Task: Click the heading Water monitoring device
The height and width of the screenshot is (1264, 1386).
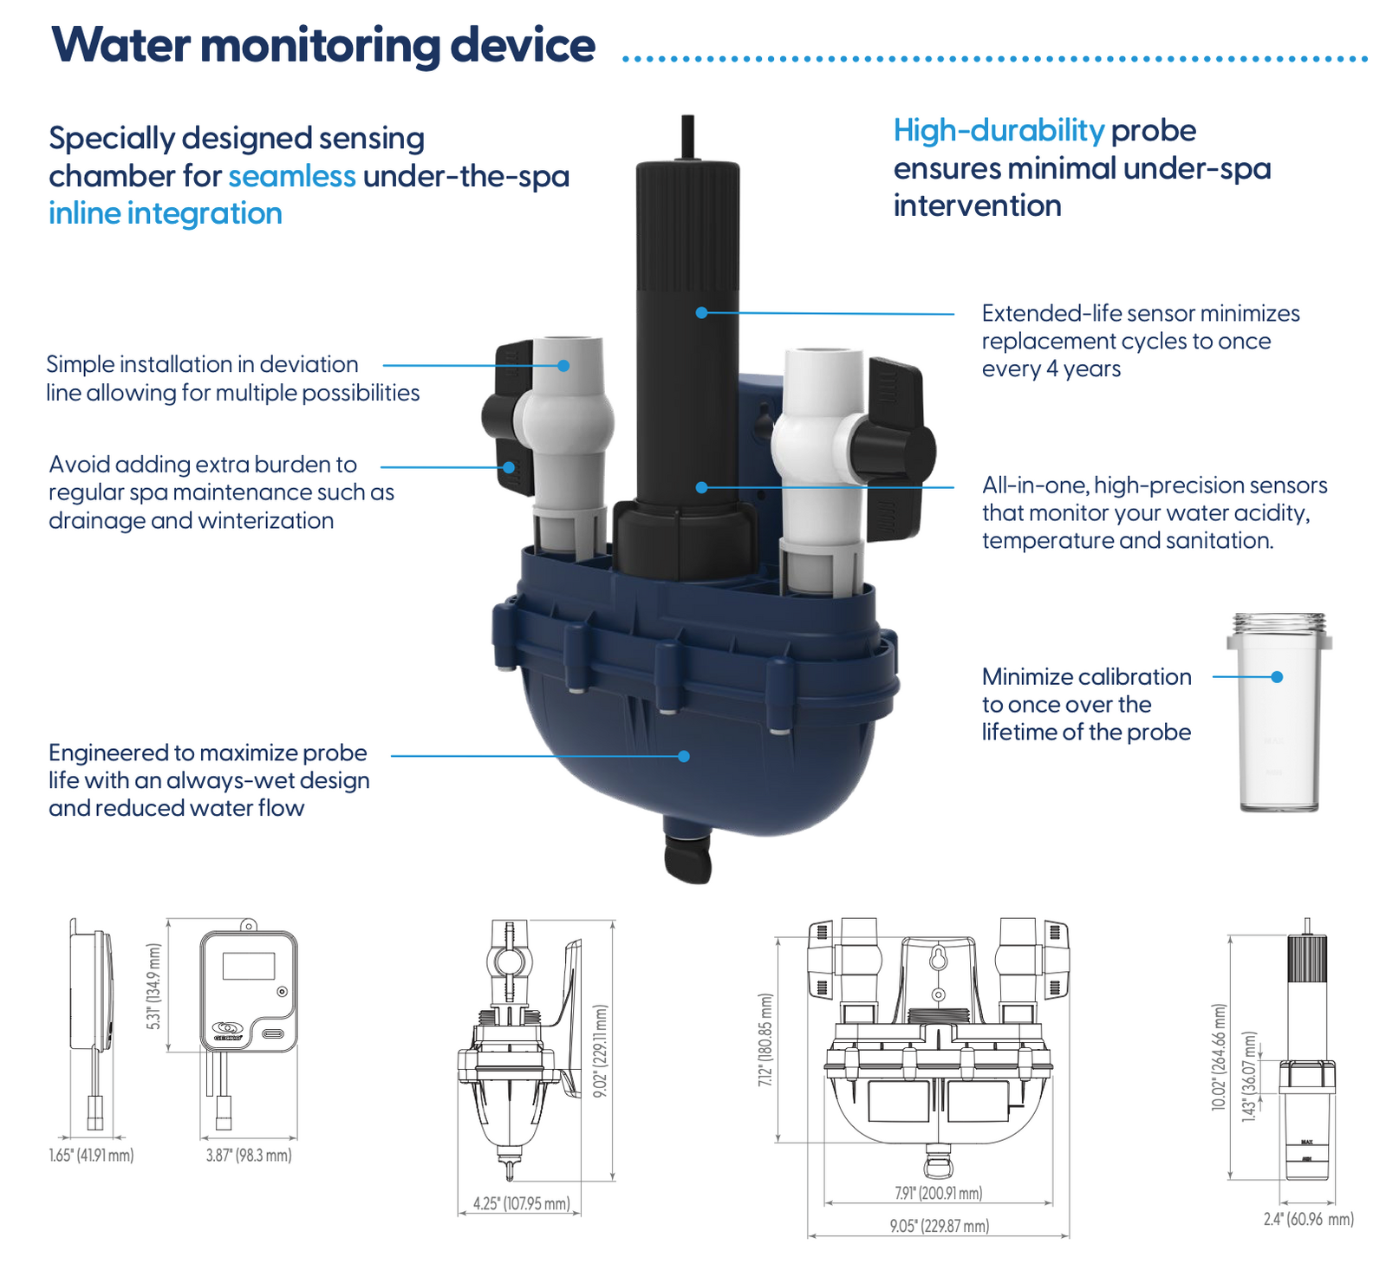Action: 323,45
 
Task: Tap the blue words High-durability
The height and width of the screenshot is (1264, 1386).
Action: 999,131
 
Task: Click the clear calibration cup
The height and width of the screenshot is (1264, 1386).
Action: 1279,713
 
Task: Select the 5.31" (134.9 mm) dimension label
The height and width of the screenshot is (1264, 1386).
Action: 154,987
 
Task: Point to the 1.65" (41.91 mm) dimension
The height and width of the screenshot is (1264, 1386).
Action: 91,1156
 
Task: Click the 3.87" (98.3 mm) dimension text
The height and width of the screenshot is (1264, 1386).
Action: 249,1156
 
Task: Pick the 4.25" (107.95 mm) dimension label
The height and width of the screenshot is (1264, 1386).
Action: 521,1203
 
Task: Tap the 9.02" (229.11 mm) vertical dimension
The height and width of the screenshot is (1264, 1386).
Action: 600,1051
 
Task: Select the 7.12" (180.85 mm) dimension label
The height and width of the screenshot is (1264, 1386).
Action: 765,1040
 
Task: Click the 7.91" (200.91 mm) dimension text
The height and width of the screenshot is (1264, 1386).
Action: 939,1193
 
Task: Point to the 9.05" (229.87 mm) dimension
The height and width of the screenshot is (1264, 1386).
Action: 939,1226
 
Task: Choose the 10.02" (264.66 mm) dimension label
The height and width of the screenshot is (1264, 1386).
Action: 1220,1056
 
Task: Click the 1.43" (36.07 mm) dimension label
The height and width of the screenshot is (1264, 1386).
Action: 1248,1077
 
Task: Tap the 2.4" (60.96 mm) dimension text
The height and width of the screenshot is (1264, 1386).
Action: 1308,1219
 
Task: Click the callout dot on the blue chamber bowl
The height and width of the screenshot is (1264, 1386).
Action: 684,756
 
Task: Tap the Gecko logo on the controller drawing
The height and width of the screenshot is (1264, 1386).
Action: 228,1029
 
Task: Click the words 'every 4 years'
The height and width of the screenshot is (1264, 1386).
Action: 1051,369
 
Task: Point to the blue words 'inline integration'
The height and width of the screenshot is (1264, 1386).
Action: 166,213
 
